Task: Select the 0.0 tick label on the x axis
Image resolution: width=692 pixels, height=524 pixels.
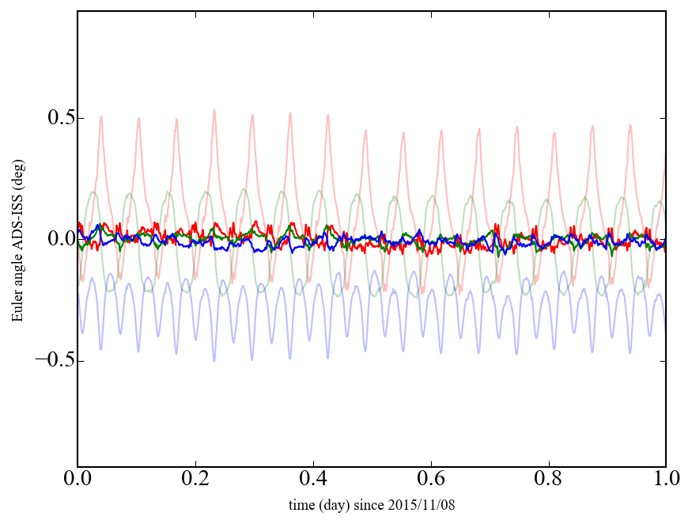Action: click(78, 480)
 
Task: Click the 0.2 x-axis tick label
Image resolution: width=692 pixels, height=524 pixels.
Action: click(195, 480)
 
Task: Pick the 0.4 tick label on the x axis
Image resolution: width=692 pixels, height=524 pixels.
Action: click(313, 480)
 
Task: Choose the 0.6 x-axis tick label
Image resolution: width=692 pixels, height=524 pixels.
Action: click(431, 480)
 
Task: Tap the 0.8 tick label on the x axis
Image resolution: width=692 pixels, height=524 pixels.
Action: click(548, 480)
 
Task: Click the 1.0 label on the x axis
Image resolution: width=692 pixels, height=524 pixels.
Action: click(665, 480)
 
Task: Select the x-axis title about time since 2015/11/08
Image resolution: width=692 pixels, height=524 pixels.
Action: click(371, 504)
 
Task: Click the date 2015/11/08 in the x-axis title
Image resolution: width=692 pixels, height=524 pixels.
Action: click(422, 504)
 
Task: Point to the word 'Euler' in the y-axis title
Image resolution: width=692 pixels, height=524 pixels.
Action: click(17, 307)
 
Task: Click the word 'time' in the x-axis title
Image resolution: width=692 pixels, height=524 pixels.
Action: click(300, 504)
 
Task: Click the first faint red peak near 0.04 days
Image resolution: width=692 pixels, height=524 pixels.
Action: click(101, 116)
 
